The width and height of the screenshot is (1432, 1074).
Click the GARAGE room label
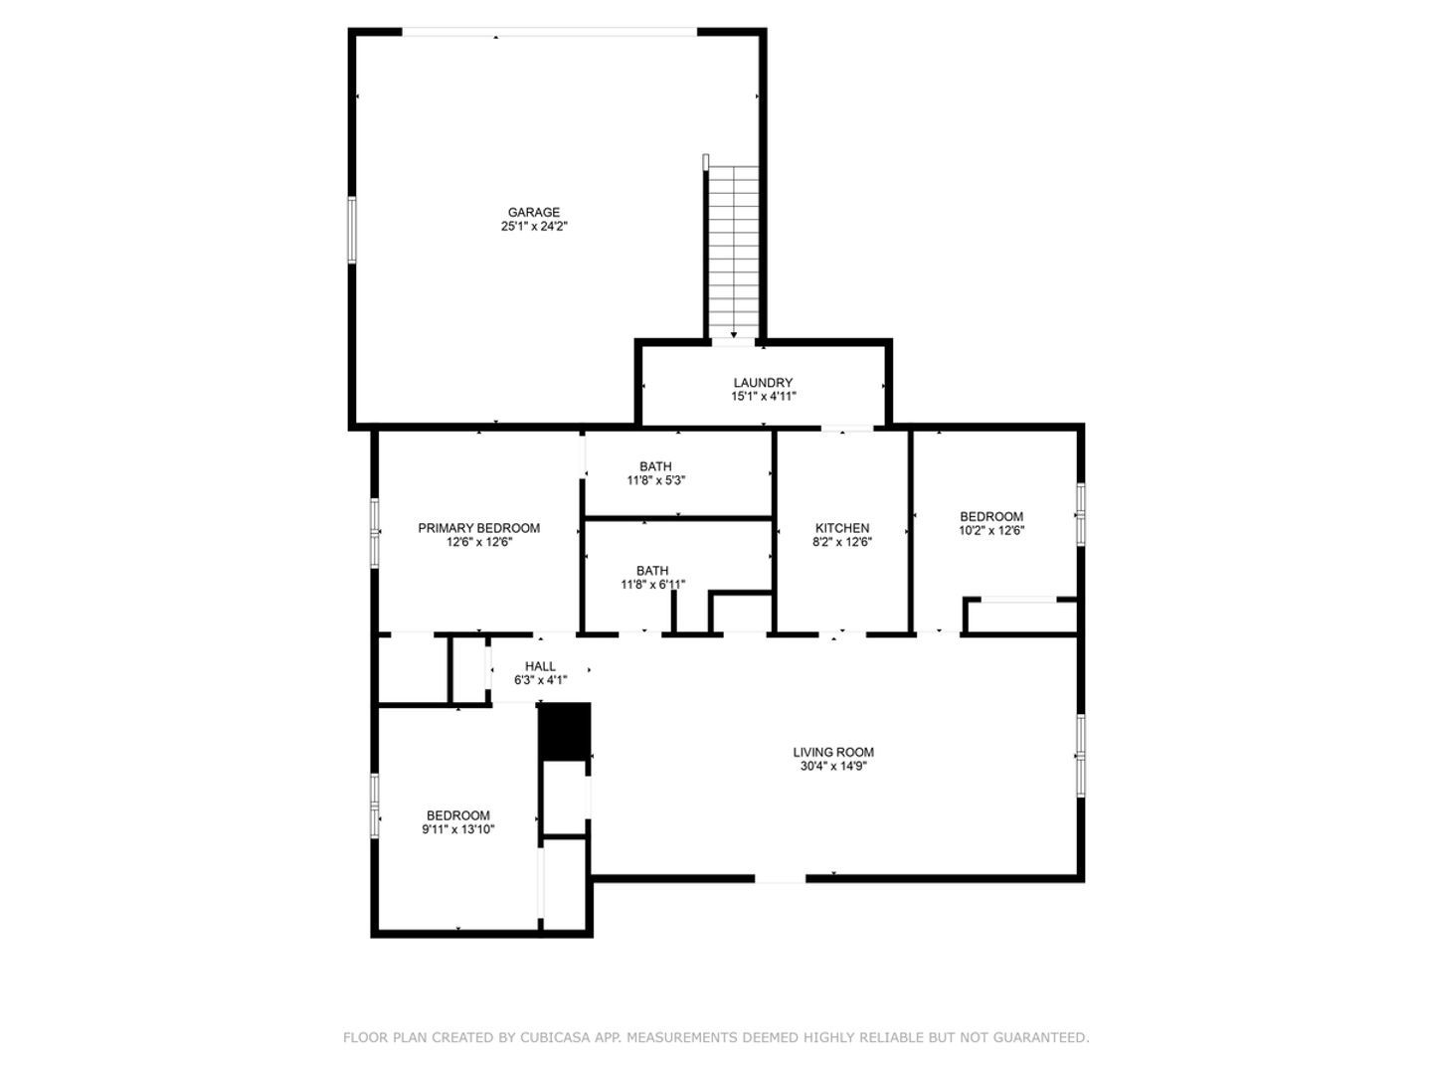click(x=534, y=212)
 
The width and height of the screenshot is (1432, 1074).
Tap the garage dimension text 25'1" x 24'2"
click(x=534, y=227)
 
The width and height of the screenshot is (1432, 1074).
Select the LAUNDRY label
click(x=763, y=383)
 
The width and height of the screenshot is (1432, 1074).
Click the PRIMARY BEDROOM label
click(x=479, y=528)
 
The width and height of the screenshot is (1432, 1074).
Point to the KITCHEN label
click(x=842, y=528)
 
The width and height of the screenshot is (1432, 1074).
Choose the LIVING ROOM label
click(x=833, y=753)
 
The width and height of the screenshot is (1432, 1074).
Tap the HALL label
click(x=540, y=666)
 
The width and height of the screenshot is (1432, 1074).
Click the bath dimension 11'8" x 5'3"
click(x=655, y=480)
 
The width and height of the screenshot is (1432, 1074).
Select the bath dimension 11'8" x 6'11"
click(x=652, y=585)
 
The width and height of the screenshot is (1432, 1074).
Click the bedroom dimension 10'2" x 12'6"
click(x=991, y=531)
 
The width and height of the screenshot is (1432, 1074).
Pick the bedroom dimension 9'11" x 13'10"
click(x=458, y=829)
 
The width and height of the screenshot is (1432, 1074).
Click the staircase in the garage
click(x=733, y=252)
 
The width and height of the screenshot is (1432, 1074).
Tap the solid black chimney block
click(x=564, y=732)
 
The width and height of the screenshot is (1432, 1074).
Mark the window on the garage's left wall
click(x=352, y=230)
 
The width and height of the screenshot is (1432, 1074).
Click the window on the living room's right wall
click(x=1080, y=755)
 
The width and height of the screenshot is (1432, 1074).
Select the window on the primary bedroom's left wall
click(x=375, y=533)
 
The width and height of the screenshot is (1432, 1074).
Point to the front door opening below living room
click(x=781, y=879)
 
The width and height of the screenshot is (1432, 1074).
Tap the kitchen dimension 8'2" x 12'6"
click(x=842, y=542)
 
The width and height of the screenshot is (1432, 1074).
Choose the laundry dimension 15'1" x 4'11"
click(x=764, y=397)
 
